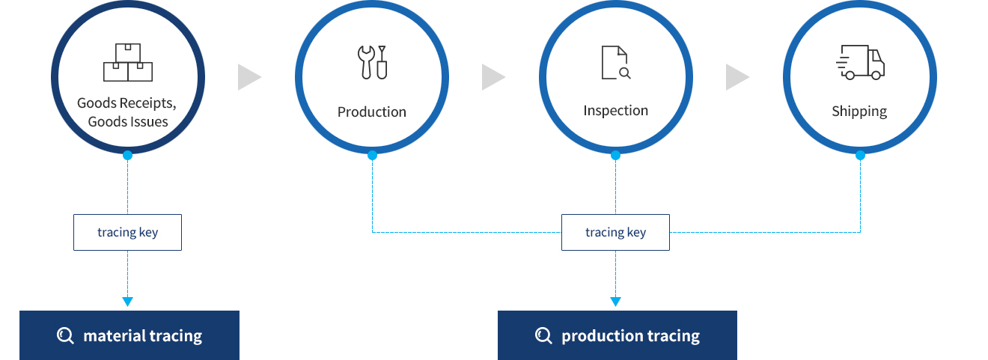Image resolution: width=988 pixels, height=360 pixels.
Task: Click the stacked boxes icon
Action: pyautogui.click(x=128, y=62)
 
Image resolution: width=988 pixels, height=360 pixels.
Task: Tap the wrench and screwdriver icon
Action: pyautogui.click(x=372, y=62)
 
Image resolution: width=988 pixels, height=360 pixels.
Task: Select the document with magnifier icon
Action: pyautogui.click(x=616, y=62)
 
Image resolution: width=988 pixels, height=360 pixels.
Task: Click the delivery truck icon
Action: pyautogui.click(x=860, y=62)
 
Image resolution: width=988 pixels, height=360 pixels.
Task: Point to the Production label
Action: pyautogui.click(x=372, y=112)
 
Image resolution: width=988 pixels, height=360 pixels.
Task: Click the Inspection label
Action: pyautogui.click(x=616, y=110)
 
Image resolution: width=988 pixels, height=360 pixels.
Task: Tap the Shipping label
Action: pyautogui.click(x=859, y=112)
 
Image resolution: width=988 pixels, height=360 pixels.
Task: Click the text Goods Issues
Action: pyautogui.click(x=128, y=121)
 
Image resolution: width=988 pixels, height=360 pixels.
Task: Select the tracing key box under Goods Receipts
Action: pyautogui.click(x=127, y=233)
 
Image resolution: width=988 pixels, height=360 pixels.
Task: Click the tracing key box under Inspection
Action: pyautogui.click(x=615, y=233)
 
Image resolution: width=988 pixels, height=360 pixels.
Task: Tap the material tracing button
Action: pyautogui.click(x=129, y=335)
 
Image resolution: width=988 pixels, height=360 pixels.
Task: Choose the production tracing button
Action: pyautogui.click(x=617, y=335)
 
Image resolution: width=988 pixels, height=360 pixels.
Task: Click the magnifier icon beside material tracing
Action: pyautogui.click(x=65, y=336)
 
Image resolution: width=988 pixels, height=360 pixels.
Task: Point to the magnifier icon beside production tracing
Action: pyautogui.click(x=543, y=336)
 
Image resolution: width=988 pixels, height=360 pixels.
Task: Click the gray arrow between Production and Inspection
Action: pyautogui.click(x=493, y=77)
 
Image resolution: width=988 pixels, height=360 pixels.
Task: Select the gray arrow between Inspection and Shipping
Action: pyautogui.click(x=737, y=77)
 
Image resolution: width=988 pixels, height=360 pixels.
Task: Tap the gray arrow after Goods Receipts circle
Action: pyautogui.click(x=249, y=77)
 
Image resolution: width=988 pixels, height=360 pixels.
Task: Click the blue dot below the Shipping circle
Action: pyautogui.click(x=860, y=155)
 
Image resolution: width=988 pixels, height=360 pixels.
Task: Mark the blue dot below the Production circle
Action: pyautogui.click(x=372, y=155)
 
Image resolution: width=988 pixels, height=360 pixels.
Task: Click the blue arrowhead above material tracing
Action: pyautogui.click(x=127, y=302)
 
